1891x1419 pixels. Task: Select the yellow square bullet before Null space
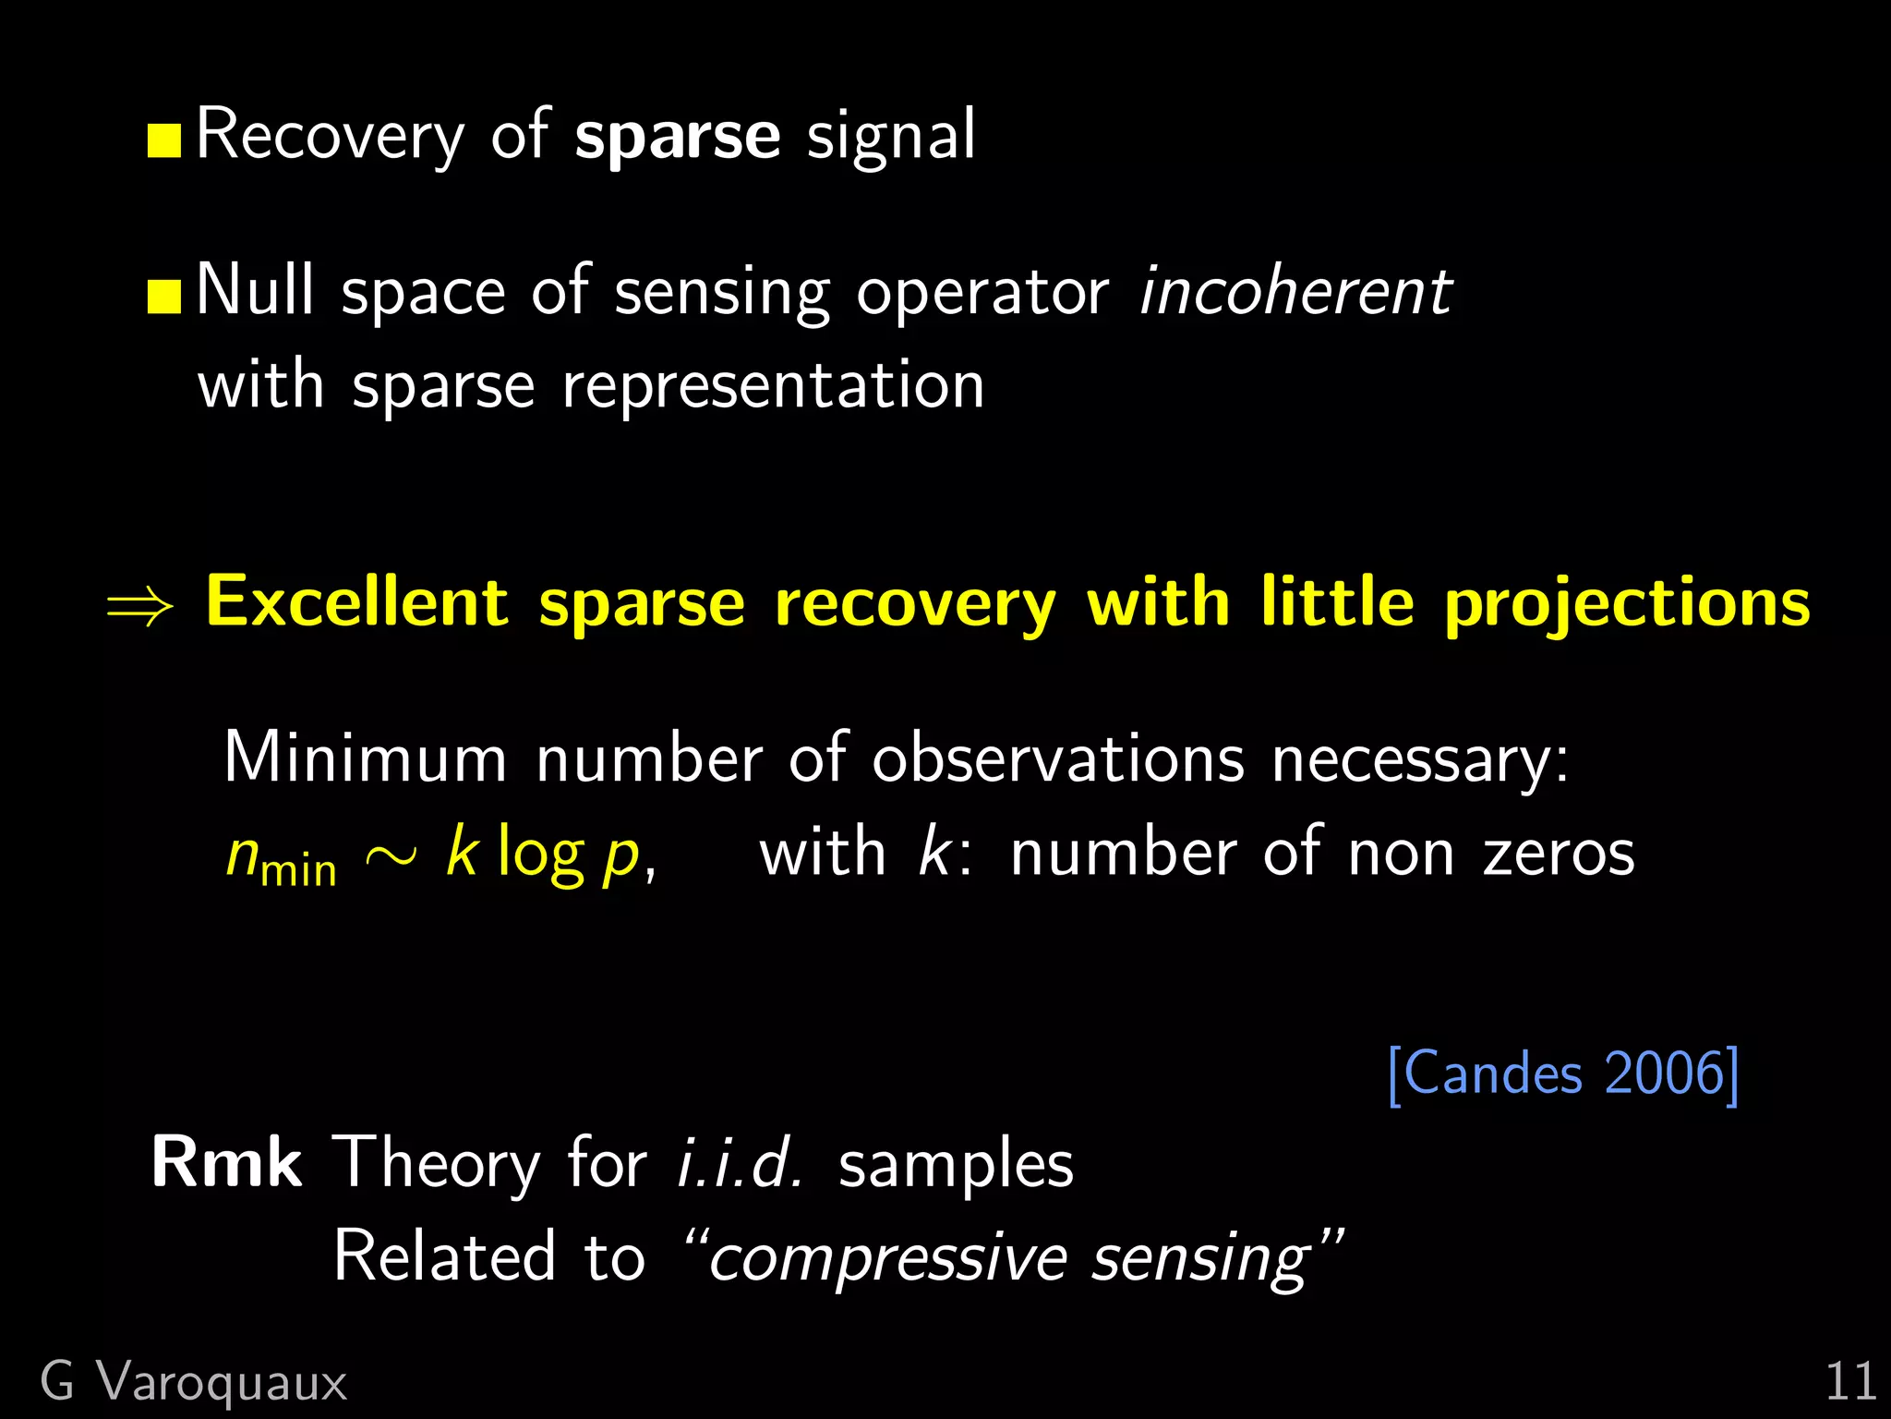[164, 297]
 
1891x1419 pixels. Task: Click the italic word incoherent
[1295, 292]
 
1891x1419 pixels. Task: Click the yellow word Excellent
[356, 602]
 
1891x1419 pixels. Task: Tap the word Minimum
[366, 758]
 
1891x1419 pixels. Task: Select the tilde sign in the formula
[391, 856]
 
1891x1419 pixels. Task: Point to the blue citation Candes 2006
[1563, 1073]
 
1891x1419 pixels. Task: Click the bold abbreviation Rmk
[227, 1162]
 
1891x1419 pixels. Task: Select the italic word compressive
[888, 1258]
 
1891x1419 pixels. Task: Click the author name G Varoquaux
[194, 1383]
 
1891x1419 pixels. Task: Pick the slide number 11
[1850, 1382]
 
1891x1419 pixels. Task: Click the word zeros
[1559, 852]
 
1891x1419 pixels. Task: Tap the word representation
[774, 385]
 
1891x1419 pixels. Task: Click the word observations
[1058, 758]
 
